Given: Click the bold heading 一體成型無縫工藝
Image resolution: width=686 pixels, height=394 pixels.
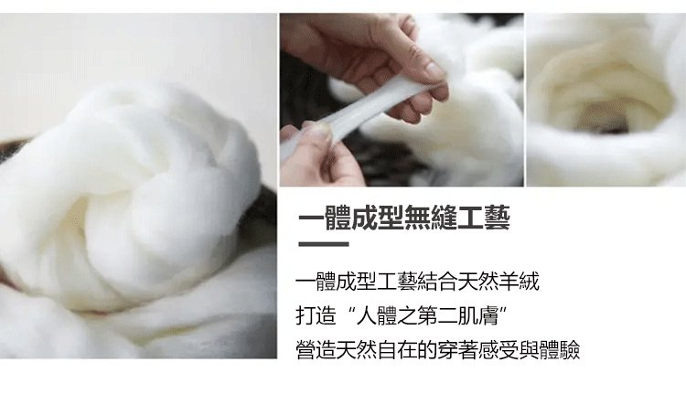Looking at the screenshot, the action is coord(404,218).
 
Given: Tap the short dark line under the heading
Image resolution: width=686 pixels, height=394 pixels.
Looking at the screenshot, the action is coord(324,244).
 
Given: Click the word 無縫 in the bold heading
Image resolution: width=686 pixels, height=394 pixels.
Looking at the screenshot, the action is coord(431,218).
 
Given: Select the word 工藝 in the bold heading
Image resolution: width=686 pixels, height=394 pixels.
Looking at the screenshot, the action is coord(484,218).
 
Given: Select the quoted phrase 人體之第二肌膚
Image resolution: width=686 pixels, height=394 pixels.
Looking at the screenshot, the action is coord(427,315).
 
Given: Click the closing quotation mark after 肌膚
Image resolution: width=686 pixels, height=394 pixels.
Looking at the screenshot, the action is coord(503,310).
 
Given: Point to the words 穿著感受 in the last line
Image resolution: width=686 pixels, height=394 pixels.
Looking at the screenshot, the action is coord(478,350).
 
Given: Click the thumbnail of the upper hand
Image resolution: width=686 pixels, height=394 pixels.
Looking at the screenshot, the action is coord(434,69).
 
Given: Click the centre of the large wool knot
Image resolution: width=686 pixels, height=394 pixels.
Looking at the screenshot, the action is coord(145,192).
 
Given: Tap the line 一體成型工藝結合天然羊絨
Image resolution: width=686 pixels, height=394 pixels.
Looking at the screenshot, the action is coord(417,282).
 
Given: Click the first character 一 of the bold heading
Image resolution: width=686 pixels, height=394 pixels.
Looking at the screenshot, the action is coord(312,218).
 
